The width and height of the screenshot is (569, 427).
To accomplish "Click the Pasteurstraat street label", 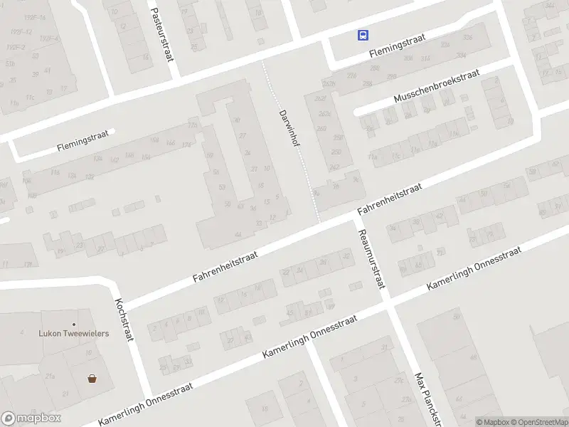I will (x=161, y=33).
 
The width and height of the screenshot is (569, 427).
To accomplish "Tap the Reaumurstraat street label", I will (x=371, y=259).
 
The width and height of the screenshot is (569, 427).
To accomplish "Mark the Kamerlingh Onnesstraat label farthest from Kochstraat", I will (x=474, y=268).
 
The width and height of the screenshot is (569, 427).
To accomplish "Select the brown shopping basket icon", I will (x=92, y=379).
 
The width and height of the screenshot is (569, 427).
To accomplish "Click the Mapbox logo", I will (x=31, y=418).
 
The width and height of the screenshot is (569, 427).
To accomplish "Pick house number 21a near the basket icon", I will (x=50, y=376).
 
